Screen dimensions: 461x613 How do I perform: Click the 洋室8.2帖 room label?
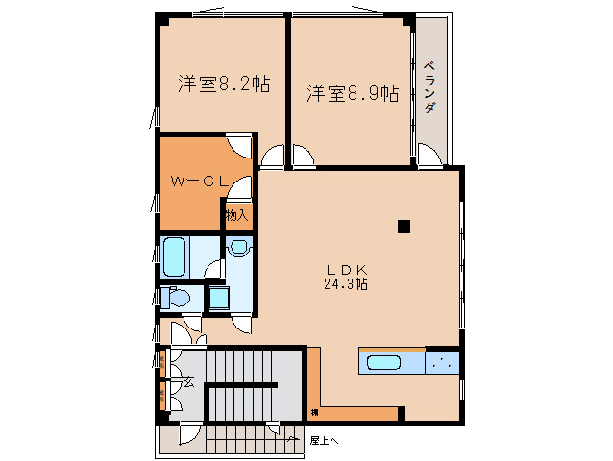pyautogui.click(x=223, y=84)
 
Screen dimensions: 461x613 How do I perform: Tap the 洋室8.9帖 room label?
pyautogui.click(x=353, y=92)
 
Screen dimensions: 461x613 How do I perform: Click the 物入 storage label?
pyautogui.click(x=236, y=214)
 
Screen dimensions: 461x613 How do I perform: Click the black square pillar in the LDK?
pyautogui.click(x=404, y=227)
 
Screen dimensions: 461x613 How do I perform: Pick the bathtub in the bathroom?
pyautogui.click(x=174, y=256)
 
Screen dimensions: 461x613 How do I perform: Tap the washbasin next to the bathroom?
pyautogui.click(x=238, y=249)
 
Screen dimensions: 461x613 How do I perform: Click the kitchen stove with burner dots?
pyautogui.click(x=442, y=363)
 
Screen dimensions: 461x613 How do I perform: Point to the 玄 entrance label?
pyautogui.click(x=188, y=381)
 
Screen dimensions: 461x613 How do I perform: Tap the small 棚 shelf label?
pyautogui.click(x=314, y=413)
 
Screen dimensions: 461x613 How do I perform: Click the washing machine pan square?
pyautogui.click(x=219, y=298)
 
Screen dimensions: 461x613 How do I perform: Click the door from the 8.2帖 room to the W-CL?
pyautogui.click(x=240, y=147)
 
